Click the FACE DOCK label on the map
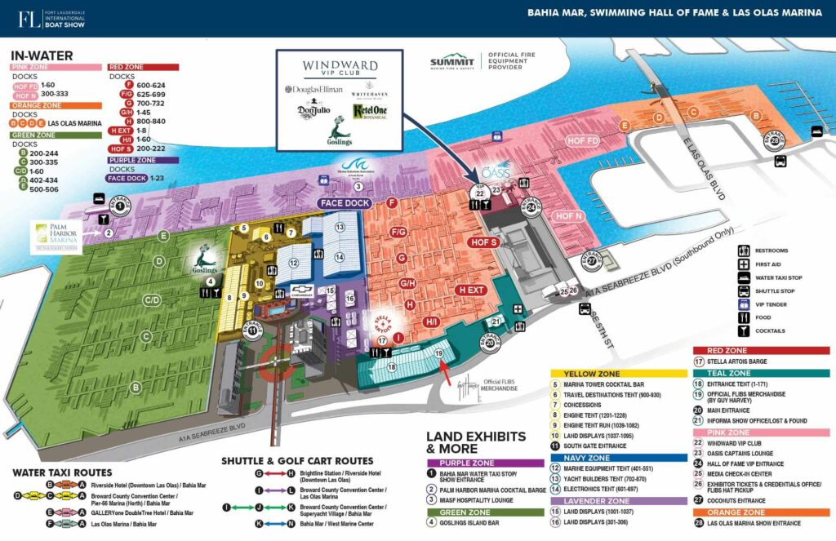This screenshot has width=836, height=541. click(346, 202)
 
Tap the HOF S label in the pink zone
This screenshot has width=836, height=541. click(482, 242)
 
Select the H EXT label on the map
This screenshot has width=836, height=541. click(472, 290)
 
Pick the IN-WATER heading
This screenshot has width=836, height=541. click(42, 55)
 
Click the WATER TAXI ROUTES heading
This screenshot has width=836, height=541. click(63, 472)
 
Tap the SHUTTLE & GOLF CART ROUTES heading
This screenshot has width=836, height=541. click(297, 461)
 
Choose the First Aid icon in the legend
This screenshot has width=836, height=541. click(744, 265)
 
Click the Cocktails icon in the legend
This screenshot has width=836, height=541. click(744, 330)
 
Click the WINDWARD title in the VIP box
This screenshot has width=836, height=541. click(340, 64)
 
